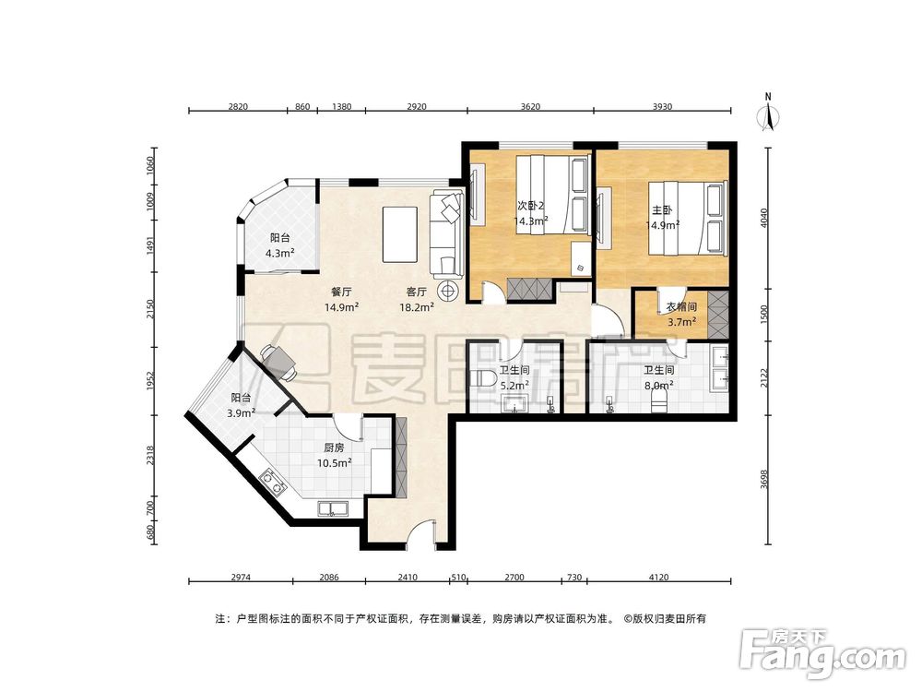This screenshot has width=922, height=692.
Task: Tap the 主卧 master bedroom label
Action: tap(662, 209)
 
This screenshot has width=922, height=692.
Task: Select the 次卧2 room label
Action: tap(530, 206)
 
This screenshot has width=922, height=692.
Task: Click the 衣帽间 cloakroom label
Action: tap(681, 307)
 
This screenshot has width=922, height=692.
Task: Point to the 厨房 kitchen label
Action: tap(334, 448)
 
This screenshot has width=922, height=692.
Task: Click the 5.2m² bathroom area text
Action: tap(514, 386)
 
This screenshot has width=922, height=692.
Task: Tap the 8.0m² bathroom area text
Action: tap(658, 386)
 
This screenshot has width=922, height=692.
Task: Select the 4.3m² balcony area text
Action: tap(280, 254)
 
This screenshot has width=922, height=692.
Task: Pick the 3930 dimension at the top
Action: tap(662, 106)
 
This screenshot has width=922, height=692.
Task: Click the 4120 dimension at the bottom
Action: tap(658, 578)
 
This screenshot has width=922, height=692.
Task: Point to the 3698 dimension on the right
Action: tap(763, 479)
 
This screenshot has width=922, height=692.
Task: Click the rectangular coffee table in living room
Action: tap(400, 234)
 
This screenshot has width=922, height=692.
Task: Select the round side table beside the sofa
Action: tap(449, 290)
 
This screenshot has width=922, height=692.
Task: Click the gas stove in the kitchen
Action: tap(273, 482)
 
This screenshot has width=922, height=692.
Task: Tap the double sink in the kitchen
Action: tap(334, 508)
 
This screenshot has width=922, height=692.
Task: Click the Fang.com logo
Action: tap(822, 653)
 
